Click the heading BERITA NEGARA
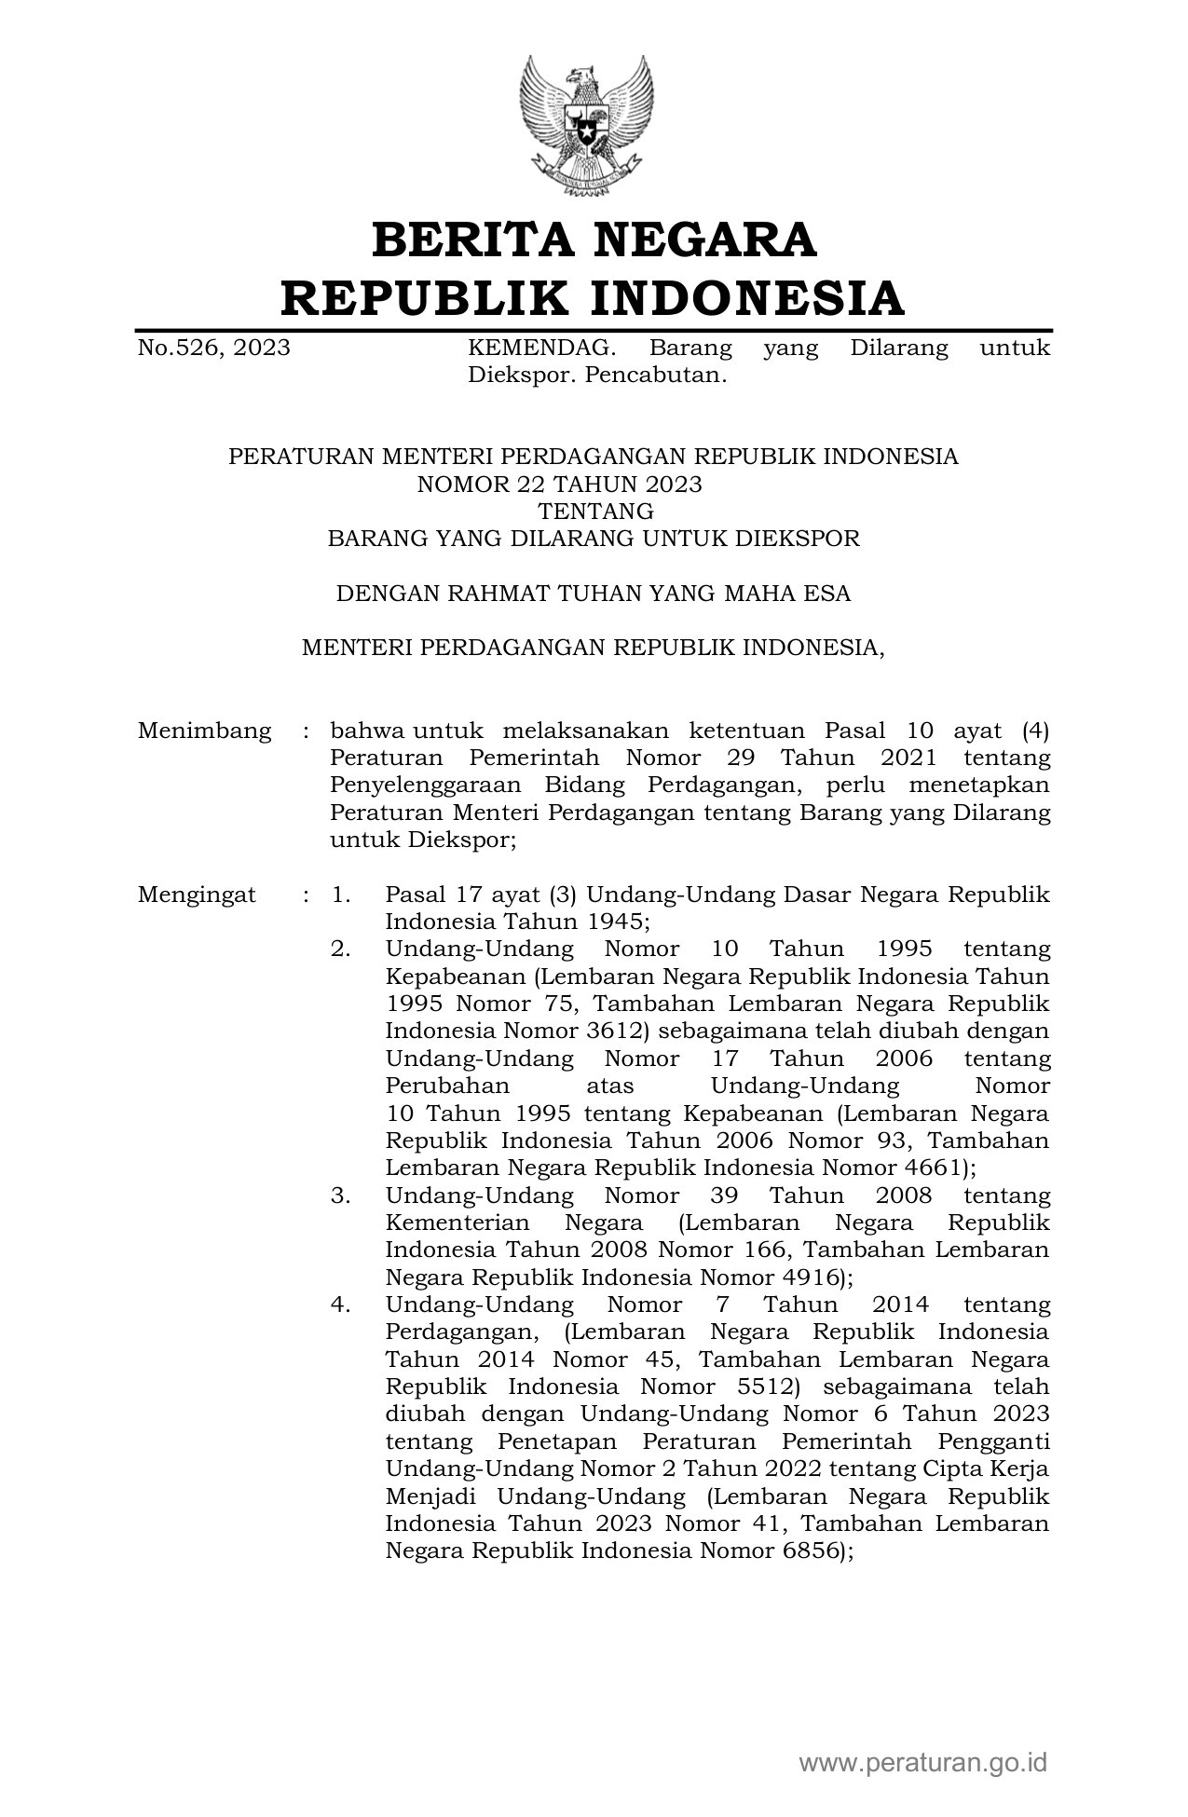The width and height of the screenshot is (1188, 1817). coord(594,239)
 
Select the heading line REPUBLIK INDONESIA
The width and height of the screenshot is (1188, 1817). coord(594,298)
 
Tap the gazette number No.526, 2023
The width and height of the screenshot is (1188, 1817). coord(213,348)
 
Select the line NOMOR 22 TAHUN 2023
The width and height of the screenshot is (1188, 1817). coord(559,485)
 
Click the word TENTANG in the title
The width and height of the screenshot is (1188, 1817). coord(596,512)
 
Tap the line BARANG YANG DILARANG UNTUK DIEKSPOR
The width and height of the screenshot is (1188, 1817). coord(594,539)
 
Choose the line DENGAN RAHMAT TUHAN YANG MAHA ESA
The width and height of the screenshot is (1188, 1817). coord(594,594)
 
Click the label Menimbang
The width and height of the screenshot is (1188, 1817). coord(205,731)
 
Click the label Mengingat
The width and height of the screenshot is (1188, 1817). coord(197,895)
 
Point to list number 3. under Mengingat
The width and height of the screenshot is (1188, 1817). coord(340,1195)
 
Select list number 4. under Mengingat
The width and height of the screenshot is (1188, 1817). coord(340,1305)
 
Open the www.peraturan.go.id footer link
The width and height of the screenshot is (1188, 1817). coord(922,1763)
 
